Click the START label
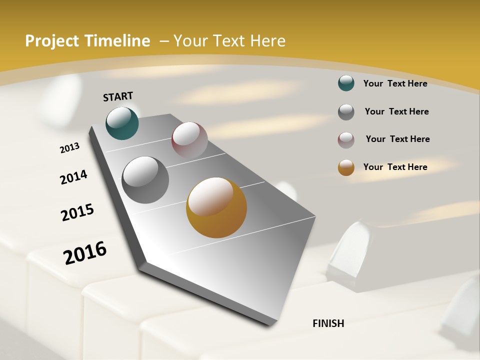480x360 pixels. (x=118, y=96)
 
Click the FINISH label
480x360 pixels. (x=328, y=323)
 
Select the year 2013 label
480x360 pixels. (x=70, y=148)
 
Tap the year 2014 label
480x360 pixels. (x=74, y=177)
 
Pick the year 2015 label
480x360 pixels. (x=77, y=212)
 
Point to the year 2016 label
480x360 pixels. (x=85, y=252)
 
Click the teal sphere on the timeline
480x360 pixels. (x=122, y=123)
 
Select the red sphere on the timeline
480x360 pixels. (x=189, y=140)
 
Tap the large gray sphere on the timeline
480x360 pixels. (x=145, y=180)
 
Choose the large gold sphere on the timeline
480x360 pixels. (x=216, y=207)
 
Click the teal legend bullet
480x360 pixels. (x=346, y=83)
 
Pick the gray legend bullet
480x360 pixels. (x=346, y=112)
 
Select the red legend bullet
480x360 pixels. (x=346, y=140)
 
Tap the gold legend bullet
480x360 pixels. (x=346, y=167)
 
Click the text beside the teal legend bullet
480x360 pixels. (x=395, y=83)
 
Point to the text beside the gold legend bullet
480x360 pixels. (x=395, y=167)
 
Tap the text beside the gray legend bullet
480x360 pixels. (x=396, y=111)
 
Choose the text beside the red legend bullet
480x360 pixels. (x=397, y=139)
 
